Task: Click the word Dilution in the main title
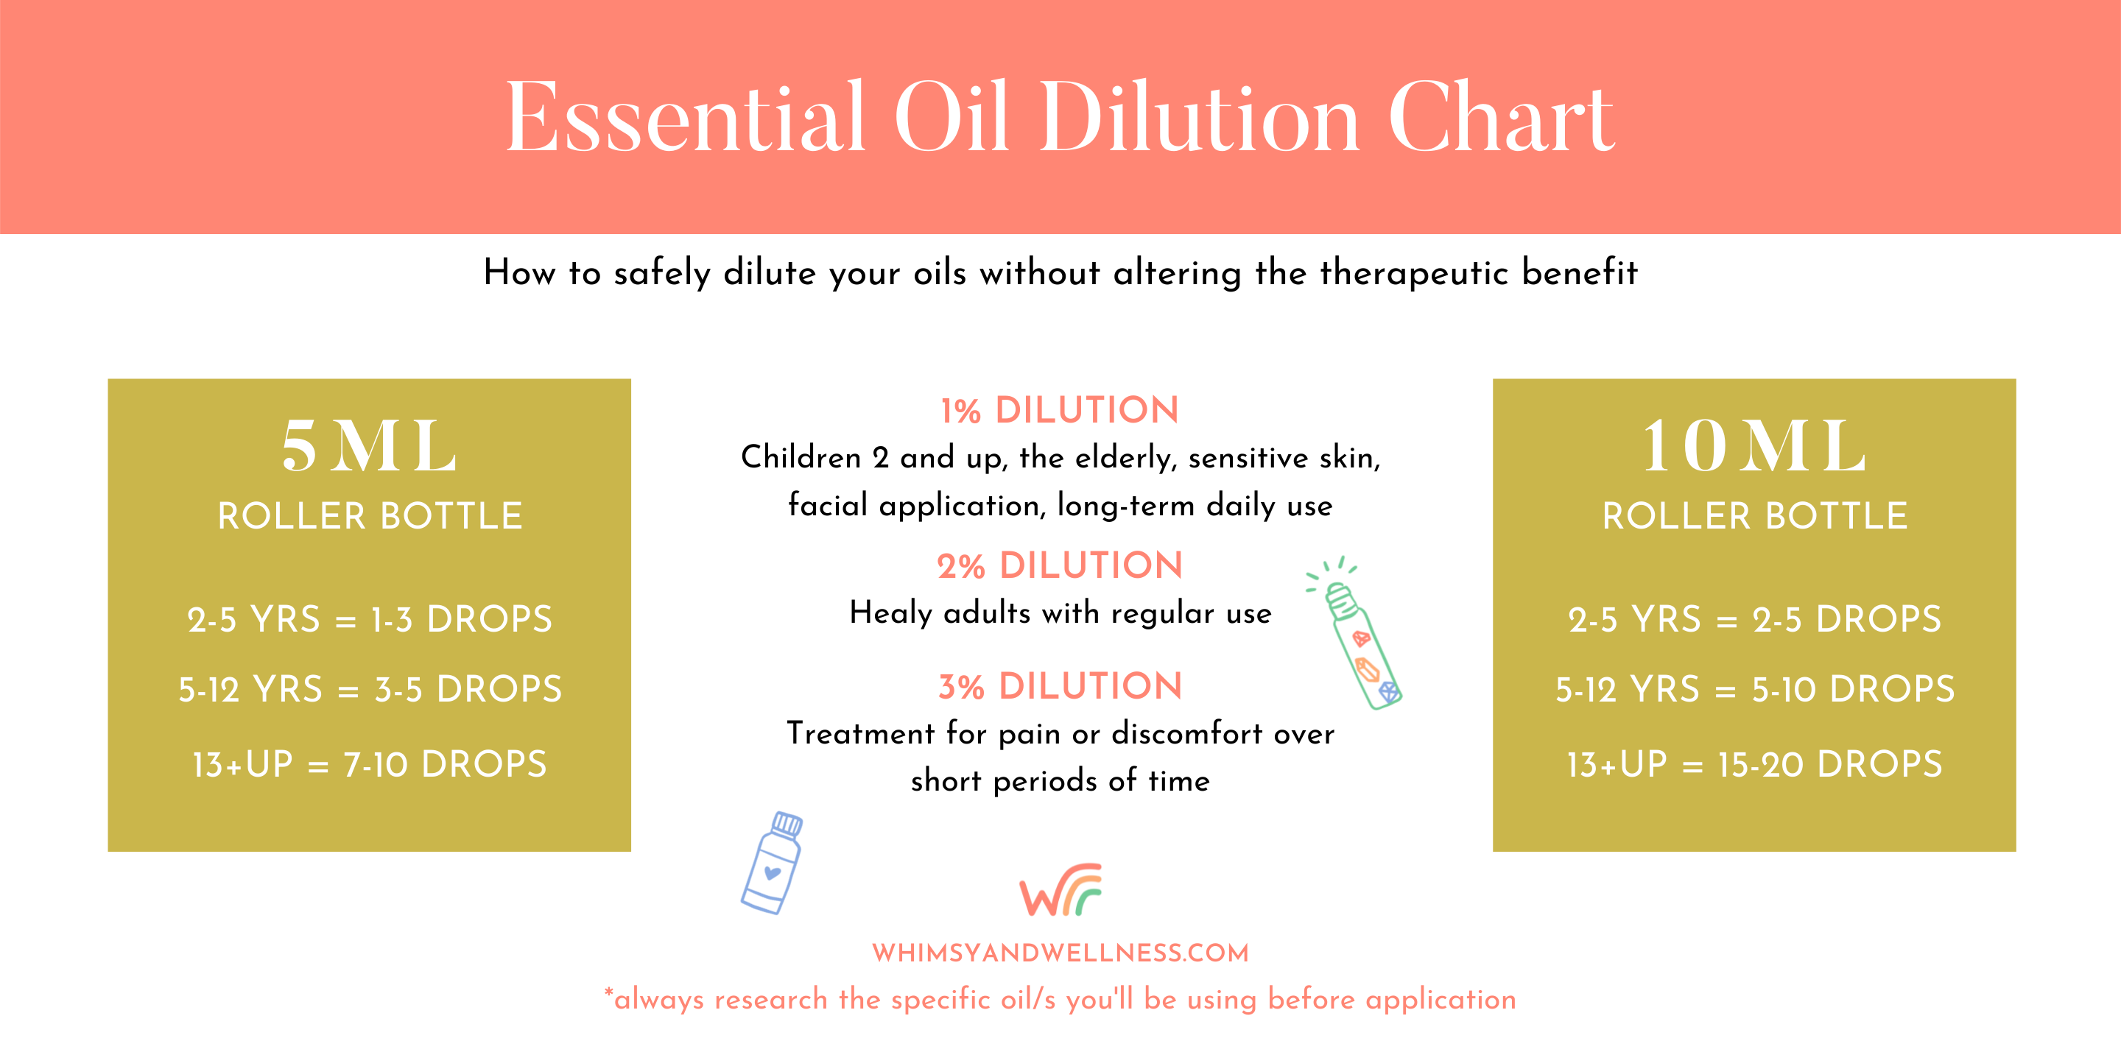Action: [x=1200, y=117]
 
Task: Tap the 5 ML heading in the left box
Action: [x=369, y=445]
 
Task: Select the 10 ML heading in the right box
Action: [x=1754, y=445]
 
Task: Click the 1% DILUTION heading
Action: [x=1060, y=410]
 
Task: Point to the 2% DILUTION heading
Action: [x=1060, y=565]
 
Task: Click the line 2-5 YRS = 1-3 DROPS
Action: [x=370, y=619]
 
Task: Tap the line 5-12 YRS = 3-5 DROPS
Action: [x=370, y=689]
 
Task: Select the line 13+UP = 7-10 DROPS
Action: [x=370, y=764]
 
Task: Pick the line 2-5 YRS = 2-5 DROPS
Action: [x=1754, y=619]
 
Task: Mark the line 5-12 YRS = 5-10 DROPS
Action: [x=1754, y=689]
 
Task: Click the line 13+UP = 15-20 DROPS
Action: [x=1754, y=764]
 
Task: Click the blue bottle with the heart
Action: [x=773, y=863]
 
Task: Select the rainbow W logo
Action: [x=1060, y=890]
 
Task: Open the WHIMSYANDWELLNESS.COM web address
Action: [x=1060, y=953]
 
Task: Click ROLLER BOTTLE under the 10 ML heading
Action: [x=1754, y=516]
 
